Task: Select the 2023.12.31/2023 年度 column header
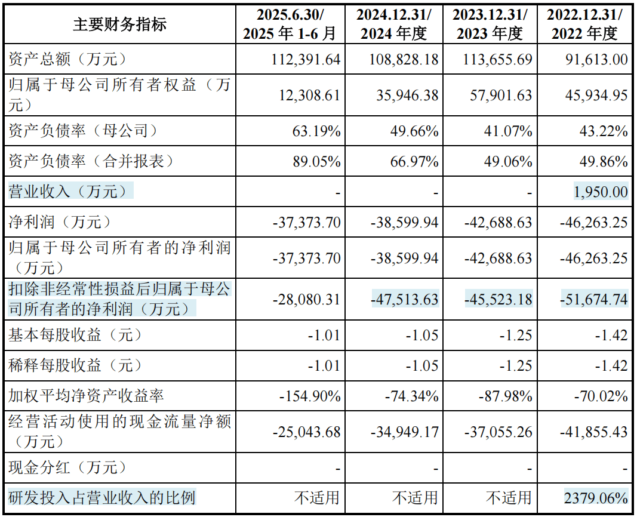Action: click(489, 24)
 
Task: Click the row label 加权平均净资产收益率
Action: click(86, 395)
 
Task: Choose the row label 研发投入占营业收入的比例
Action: click(101, 497)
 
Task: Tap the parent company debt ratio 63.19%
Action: click(316, 131)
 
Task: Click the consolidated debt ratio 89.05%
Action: click(316, 161)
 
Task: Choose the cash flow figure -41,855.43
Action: click(594, 432)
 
